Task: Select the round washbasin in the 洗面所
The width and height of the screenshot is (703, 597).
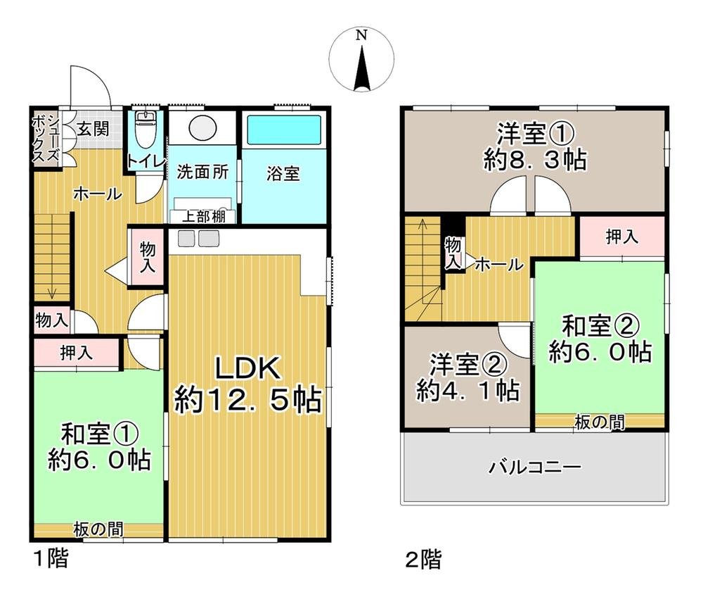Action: click(x=203, y=127)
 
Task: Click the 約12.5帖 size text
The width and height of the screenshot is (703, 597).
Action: click(x=247, y=401)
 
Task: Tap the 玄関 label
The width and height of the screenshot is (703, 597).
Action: click(x=93, y=129)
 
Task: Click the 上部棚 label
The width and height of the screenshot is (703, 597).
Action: click(x=204, y=217)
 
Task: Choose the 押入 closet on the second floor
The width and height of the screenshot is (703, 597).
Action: click(x=621, y=237)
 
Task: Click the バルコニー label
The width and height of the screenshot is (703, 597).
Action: click(x=534, y=467)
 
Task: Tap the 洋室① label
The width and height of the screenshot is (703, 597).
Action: click(x=536, y=133)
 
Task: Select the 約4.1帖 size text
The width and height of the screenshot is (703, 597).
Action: click(x=467, y=389)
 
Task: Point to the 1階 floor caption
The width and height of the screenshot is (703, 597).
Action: click(x=51, y=560)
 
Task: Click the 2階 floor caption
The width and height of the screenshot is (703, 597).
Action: click(x=423, y=560)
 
